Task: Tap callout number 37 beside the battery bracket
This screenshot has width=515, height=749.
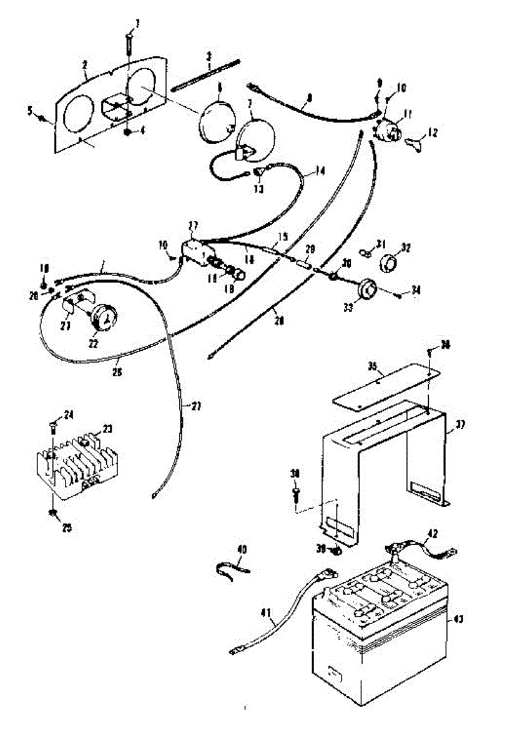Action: pos(461,424)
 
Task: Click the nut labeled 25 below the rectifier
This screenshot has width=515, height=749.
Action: pos(52,512)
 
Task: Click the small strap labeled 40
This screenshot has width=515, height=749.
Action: pos(232,566)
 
